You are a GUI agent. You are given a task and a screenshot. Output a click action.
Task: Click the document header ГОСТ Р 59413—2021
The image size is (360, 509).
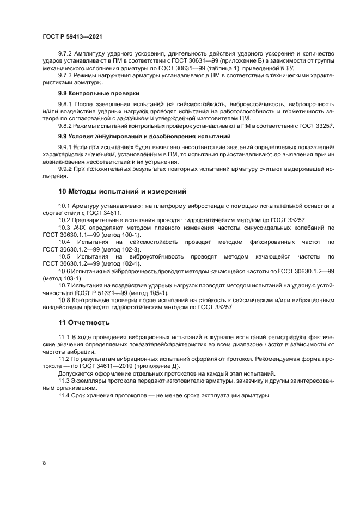[x=72, y=36]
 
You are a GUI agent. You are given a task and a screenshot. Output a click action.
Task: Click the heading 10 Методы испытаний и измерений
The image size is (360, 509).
[x=122, y=191]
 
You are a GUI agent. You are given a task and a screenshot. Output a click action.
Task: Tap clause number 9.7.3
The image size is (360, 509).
[x=66, y=76]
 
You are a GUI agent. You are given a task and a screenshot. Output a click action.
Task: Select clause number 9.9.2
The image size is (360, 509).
[x=66, y=169]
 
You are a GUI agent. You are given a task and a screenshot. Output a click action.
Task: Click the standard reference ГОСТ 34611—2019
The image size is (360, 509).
[x=108, y=366]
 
